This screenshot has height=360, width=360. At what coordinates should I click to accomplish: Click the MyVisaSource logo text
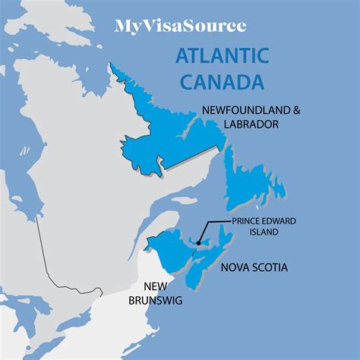[180, 26]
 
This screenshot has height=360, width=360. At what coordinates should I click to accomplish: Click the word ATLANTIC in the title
[221, 56]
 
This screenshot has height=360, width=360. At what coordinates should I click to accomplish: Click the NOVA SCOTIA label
[257, 268]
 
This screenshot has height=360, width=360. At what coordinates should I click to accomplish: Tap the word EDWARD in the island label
[267, 222]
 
